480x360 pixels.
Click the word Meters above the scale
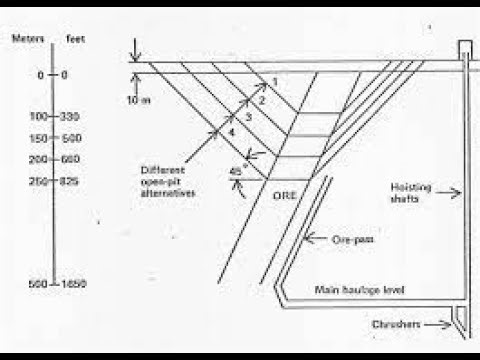click(24, 39)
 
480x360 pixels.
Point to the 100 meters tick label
click(38, 117)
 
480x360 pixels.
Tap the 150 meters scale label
click(38, 138)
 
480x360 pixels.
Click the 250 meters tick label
click(38, 181)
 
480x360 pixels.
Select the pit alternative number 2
click(262, 100)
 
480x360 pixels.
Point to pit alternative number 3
click(249, 118)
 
